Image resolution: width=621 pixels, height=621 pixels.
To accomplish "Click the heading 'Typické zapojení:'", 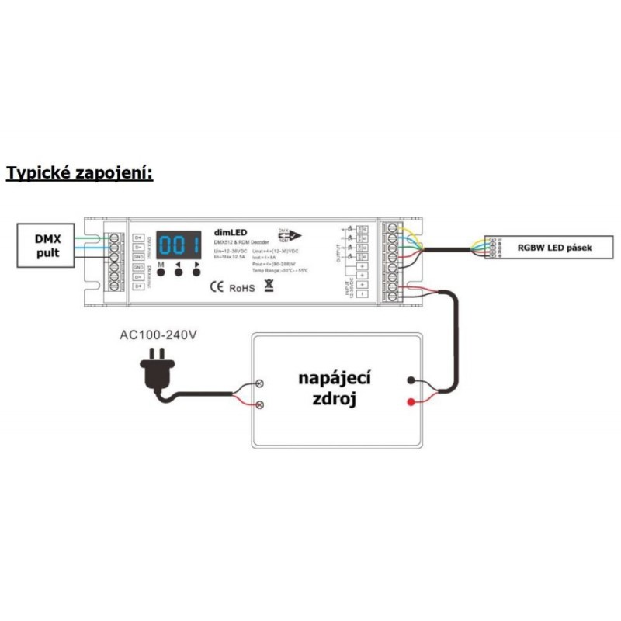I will [80, 172].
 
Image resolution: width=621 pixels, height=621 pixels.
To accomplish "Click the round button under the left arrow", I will [179, 274].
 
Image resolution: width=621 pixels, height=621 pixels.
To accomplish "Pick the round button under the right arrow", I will [197, 274].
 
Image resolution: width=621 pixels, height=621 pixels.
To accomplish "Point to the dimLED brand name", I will [231, 231].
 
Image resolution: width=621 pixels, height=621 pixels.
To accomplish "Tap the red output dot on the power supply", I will [410, 401].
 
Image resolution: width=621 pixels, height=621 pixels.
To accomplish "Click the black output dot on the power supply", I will [410, 381].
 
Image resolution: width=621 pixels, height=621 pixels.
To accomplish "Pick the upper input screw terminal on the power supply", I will [261, 383].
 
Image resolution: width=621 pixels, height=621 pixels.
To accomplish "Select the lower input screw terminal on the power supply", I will [261, 404].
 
